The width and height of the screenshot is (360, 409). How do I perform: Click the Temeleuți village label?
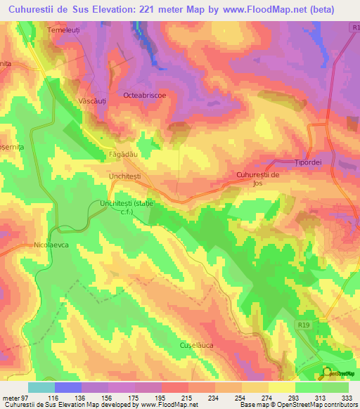pyautogui.click(x=65, y=31)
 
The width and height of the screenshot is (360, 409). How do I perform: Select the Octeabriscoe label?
pyautogui.click(x=146, y=94)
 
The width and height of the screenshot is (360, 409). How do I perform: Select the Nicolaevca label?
pyautogui.click(x=53, y=246)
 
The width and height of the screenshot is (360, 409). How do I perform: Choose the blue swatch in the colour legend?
pyautogui.click(x=68, y=387)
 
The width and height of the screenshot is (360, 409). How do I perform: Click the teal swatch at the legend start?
pyautogui.click(x=41, y=387)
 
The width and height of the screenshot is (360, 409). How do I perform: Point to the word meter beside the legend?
pyautogui.click(x=10, y=398)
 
